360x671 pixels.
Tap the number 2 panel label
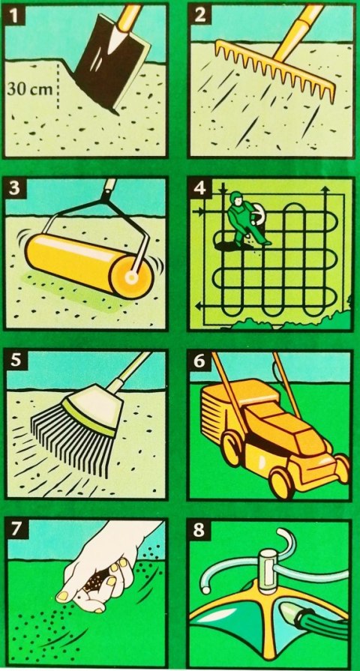coord(200,15)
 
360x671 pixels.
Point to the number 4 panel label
coord(200,189)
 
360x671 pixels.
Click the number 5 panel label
coord(16,360)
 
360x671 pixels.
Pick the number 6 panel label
coord(199,361)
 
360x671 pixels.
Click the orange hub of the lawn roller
coord(130,278)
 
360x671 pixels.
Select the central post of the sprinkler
coord(268,570)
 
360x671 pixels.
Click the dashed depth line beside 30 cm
coord(57,86)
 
